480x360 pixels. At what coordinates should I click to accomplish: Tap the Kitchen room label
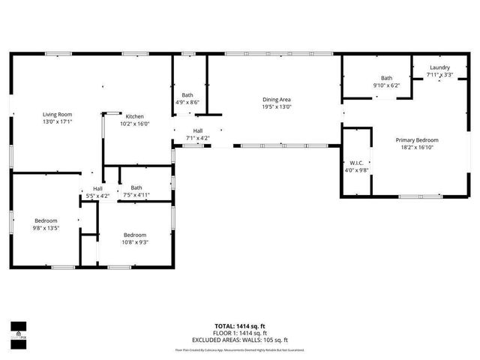(x=135, y=116)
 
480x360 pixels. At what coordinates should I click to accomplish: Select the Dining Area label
(x=277, y=100)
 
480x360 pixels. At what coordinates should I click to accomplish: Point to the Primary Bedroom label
(x=417, y=140)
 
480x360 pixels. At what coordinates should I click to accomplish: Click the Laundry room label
(x=439, y=67)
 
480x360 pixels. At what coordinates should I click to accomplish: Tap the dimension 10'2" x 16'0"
(x=135, y=124)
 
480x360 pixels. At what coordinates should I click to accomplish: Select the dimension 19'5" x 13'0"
(x=277, y=107)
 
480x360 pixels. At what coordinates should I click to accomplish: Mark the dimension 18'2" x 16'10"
(x=417, y=148)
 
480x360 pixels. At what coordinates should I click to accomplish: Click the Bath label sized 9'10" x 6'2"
(x=386, y=78)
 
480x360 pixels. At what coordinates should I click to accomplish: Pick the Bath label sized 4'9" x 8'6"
(x=187, y=95)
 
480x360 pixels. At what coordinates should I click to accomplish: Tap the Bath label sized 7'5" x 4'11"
(x=136, y=187)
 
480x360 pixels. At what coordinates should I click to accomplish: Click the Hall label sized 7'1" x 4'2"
(x=198, y=130)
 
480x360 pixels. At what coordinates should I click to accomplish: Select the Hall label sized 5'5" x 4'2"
(x=97, y=188)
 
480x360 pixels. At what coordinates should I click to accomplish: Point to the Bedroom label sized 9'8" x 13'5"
(x=46, y=220)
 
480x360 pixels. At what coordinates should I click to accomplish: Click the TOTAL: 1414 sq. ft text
(x=239, y=325)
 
